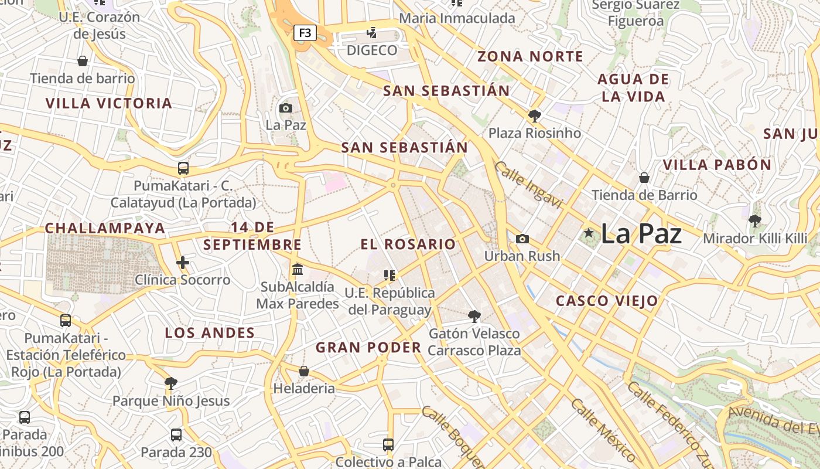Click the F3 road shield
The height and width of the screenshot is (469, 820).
305,33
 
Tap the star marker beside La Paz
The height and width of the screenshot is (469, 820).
589,233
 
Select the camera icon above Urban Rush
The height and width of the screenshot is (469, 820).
522,239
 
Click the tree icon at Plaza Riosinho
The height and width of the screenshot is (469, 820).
534,115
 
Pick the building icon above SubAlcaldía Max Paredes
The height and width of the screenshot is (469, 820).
298,269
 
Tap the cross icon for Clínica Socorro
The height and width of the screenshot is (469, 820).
183,262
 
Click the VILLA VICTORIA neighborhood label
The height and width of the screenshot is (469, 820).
109,104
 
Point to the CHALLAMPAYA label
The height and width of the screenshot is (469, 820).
105,228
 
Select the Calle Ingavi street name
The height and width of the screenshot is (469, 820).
528,185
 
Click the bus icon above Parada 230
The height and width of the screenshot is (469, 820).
176,435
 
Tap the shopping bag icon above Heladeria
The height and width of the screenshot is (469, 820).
303,371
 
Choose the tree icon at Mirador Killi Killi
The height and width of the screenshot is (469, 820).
754,221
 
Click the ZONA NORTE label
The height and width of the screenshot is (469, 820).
530,57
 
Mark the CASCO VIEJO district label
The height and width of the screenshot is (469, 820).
607,301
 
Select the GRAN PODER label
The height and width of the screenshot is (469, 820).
368,348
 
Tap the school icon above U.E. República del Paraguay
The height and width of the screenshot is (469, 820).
389,275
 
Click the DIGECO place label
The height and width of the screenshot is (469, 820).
372,50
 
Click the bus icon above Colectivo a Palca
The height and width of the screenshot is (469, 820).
388,444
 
